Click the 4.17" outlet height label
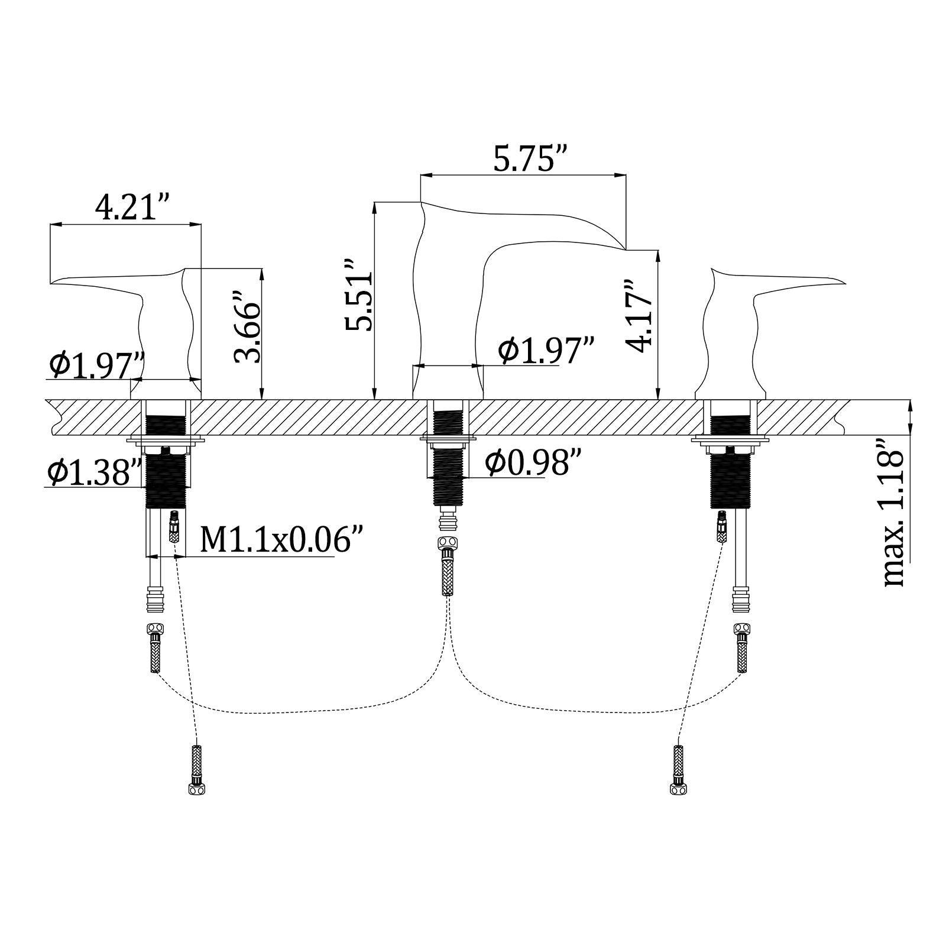coord(640,316)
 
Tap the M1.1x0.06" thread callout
coord(281,540)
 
